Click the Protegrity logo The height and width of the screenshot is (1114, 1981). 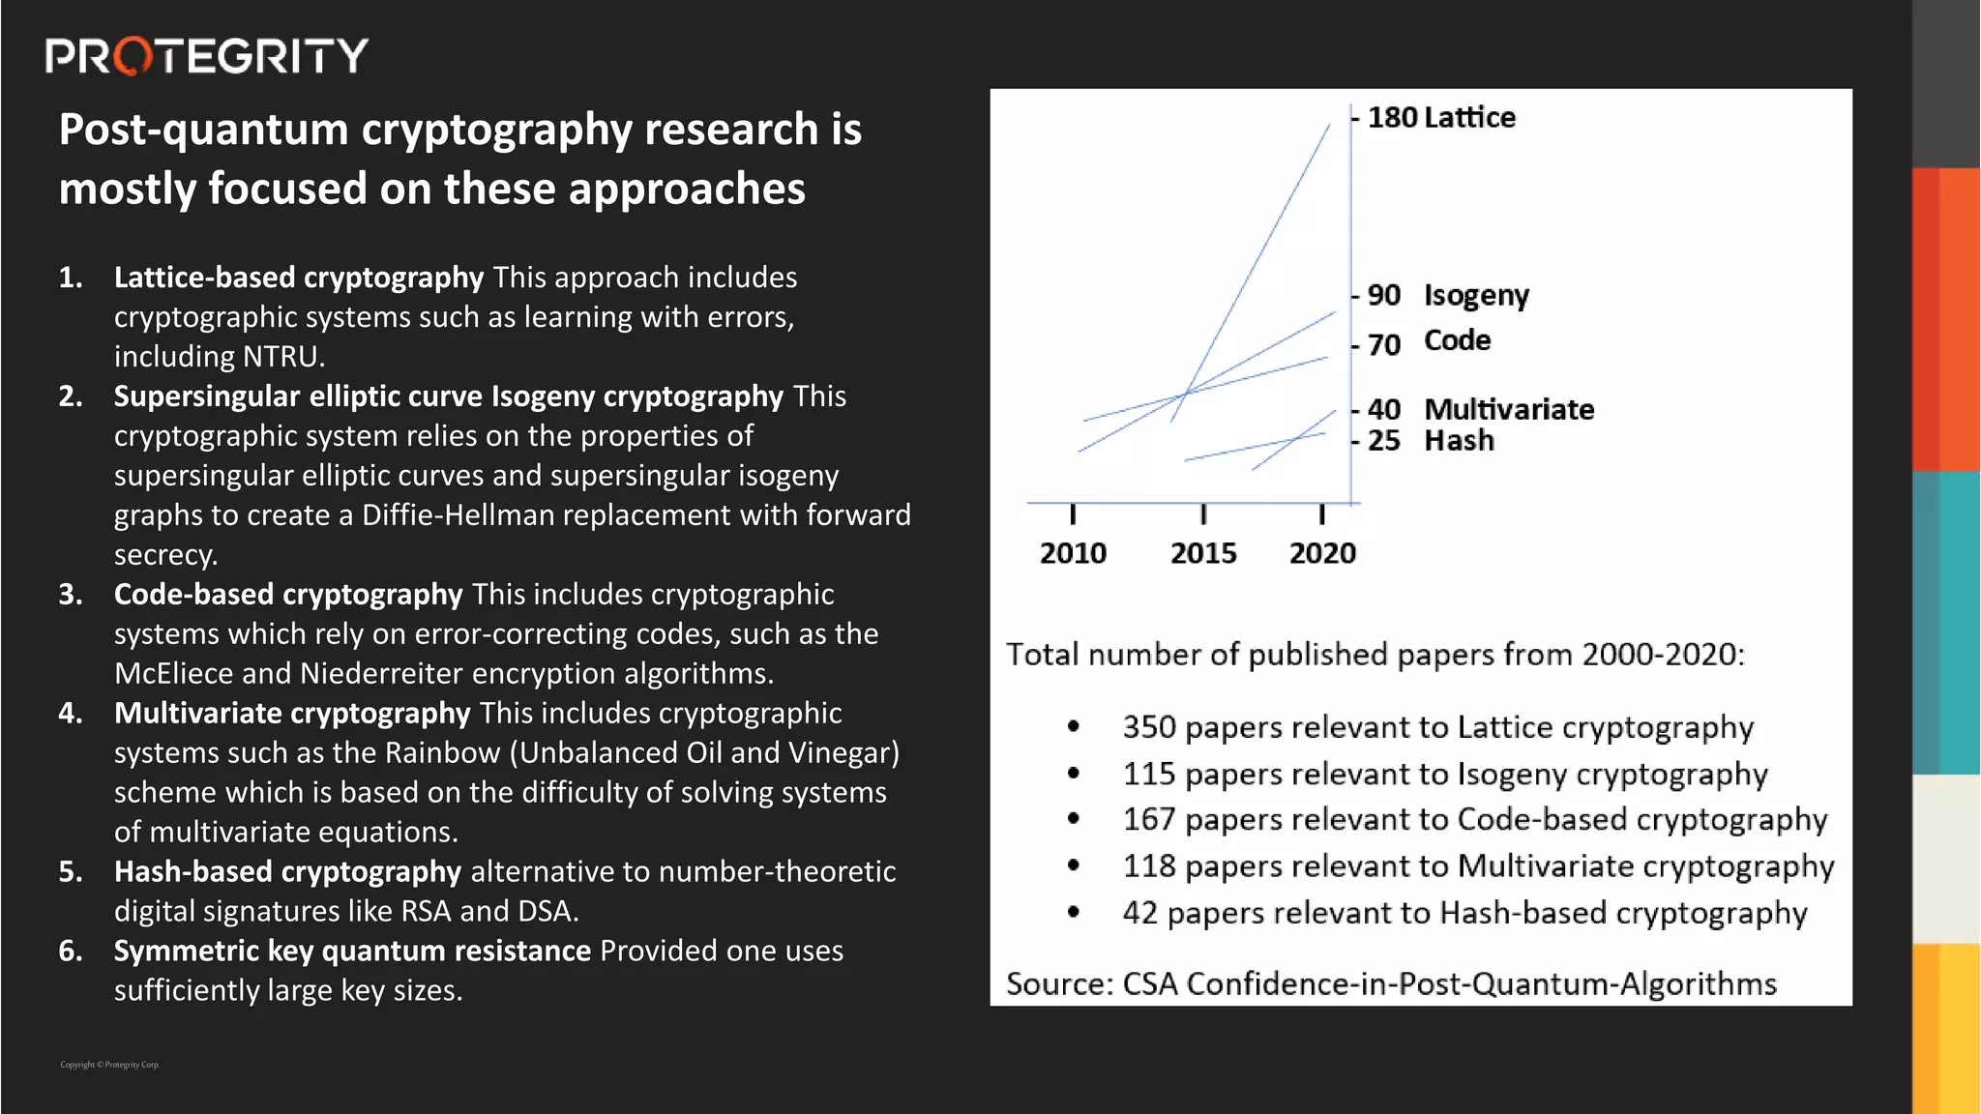[206, 56]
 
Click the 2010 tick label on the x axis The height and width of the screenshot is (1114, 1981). [1073, 553]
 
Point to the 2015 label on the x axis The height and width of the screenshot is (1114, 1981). [1203, 553]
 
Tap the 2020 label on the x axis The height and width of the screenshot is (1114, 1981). [1322, 553]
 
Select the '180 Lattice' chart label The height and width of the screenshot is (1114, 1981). [1441, 118]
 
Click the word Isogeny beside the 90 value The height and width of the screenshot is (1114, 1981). [1476, 295]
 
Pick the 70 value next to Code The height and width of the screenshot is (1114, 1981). [1384, 344]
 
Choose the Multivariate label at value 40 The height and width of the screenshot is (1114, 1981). [1509, 409]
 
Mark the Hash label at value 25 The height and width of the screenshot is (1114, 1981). [1459, 441]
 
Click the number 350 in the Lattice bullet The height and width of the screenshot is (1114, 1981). [1149, 727]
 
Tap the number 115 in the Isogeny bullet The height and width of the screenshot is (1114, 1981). [1149, 774]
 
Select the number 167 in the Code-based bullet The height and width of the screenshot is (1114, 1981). [1149, 820]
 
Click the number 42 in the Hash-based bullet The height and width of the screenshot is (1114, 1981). [1139, 913]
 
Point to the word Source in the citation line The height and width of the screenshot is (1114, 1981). [1058, 983]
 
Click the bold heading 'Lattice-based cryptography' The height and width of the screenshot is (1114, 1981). [299, 278]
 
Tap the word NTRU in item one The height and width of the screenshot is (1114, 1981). [281, 357]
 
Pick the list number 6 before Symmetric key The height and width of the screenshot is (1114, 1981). [71, 951]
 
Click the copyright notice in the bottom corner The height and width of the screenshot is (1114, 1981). [109, 1065]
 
